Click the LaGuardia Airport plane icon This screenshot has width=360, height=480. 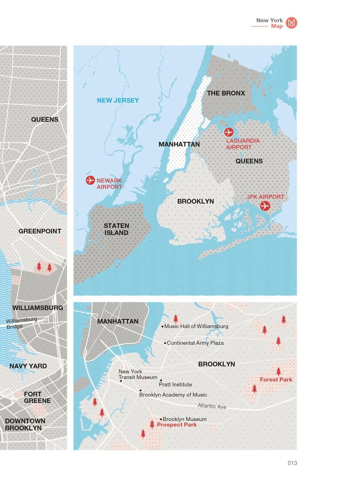point(229,132)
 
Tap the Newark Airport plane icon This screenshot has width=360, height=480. point(90,180)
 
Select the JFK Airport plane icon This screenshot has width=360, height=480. point(265,206)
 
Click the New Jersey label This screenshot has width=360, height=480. point(118,100)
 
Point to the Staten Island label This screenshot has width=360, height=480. point(116,229)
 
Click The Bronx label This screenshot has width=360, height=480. point(226,93)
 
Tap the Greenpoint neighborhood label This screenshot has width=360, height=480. point(40,231)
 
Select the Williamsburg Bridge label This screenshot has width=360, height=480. point(21,323)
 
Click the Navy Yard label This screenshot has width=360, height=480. point(28,366)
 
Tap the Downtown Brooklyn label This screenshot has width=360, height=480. point(24,425)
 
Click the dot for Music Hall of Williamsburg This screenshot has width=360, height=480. point(162,327)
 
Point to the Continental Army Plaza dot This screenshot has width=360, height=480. point(165,343)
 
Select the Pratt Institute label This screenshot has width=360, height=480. point(175,385)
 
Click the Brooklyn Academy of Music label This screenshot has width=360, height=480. point(173,395)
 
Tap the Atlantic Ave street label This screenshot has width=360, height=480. point(212,406)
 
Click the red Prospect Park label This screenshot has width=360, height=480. point(177,425)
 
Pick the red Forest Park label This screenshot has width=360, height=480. point(276,380)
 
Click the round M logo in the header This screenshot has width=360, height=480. point(292,23)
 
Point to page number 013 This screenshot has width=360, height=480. point(292,463)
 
